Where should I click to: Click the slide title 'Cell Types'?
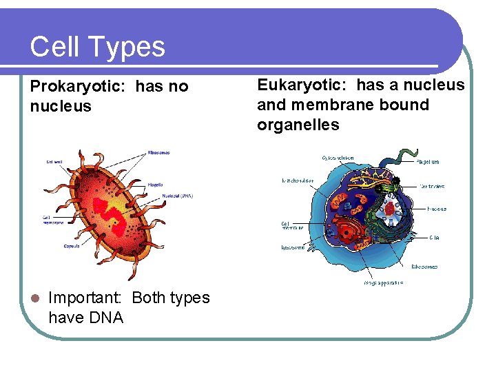[97, 47]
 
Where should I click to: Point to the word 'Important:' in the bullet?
[85, 298]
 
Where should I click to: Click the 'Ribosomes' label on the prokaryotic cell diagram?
[158, 152]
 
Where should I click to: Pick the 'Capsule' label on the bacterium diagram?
[71, 245]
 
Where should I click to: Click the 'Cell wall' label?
[54, 162]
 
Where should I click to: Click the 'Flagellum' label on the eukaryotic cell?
[427, 163]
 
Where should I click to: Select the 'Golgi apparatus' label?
[383, 282]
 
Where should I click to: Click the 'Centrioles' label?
[433, 186]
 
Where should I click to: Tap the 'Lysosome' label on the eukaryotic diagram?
[293, 247]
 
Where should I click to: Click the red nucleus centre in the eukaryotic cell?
[391, 208]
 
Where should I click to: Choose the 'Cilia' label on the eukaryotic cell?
[435, 238]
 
